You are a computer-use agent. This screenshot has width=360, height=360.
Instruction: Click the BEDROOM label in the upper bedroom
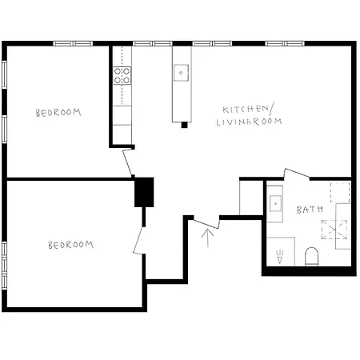tap(58, 113)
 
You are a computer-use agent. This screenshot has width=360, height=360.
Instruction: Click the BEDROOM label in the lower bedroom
tap(70, 245)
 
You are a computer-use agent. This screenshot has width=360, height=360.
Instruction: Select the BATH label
tap(310, 210)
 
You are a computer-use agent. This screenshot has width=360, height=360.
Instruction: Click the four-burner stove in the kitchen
tap(122, 76)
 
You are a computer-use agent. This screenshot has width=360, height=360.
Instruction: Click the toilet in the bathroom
tap(312, 257)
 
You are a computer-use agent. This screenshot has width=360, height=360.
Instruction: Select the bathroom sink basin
tap(275, 202)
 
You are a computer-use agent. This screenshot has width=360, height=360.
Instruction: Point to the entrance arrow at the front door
tap(210, 238)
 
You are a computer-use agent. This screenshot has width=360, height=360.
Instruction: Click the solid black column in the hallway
tap(144, 192)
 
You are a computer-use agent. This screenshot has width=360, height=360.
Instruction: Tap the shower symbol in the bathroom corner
tap(280, 257)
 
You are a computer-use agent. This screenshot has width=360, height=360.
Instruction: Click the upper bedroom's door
tap(128, 163)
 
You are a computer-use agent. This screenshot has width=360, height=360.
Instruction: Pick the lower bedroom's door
tap(140, 239)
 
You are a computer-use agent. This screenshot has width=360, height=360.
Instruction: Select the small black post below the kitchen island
tap(184, 124)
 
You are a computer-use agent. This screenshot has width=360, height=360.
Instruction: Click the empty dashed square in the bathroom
tap(340, 192)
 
